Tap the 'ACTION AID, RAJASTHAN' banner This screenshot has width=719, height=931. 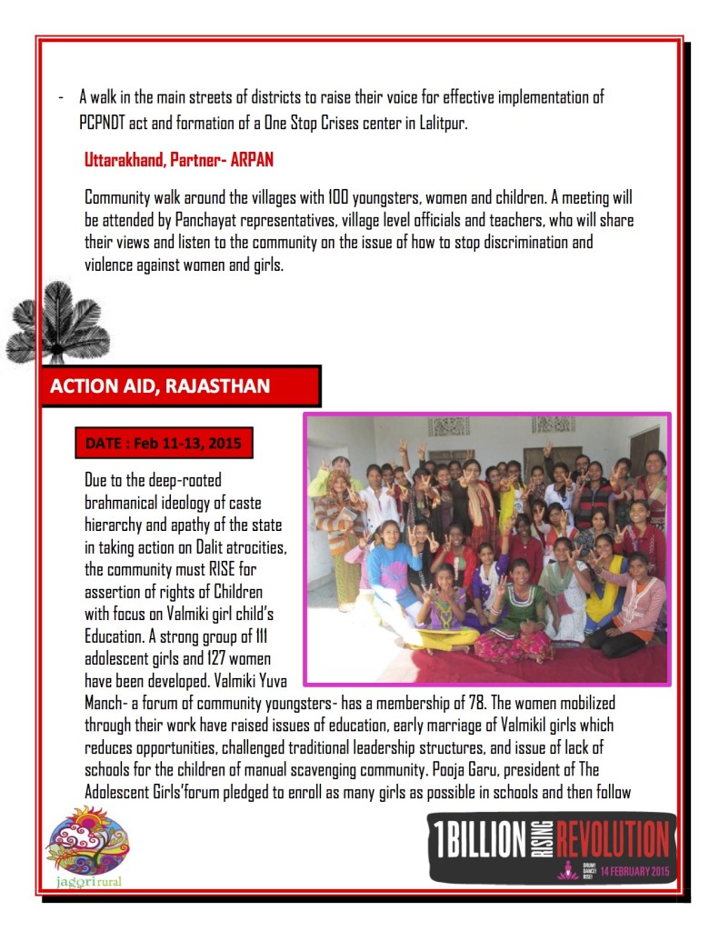point(160,385)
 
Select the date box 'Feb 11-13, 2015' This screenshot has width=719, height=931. point(164,445)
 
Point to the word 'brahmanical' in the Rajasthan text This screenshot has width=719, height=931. point(123,500)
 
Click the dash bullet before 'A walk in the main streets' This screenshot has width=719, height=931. point(60,97)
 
